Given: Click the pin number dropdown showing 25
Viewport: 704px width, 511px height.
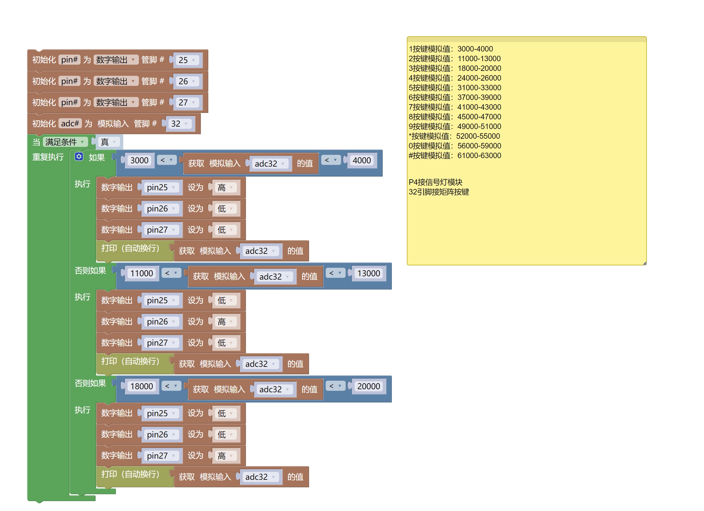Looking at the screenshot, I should tap(187, 60).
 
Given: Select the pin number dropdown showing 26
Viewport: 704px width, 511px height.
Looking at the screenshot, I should tap(187, 81).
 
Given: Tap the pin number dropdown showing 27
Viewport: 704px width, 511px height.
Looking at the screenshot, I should tap(187, 102).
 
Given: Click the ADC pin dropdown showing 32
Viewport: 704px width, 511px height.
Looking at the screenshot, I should tap(180, 124).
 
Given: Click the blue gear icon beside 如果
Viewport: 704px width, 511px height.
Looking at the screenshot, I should tap(79, 157).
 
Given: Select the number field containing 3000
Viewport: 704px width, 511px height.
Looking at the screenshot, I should tap(139, 160).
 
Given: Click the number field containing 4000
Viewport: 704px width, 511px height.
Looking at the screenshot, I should tap(362, 160).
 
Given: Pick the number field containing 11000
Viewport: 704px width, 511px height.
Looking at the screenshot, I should tap(142, 273).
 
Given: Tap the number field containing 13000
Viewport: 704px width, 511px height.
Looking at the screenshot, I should tap(369, 273).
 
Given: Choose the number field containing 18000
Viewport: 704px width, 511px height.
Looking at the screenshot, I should tap(142, 386).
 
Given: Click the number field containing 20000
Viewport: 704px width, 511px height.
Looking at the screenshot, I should tap(369, 386).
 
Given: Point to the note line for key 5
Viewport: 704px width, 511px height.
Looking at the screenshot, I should tap(455, 88).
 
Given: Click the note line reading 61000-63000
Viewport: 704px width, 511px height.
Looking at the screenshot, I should tap(455, 156).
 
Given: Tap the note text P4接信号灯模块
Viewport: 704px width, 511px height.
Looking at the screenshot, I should tap(436, 182).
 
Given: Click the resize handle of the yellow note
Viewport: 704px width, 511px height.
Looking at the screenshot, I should tap(645, 263).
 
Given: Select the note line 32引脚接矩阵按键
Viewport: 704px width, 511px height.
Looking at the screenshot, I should tap(439, 192).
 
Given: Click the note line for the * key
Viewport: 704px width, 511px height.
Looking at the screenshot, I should tap(454, 136).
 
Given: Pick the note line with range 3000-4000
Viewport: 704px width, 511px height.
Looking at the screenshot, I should tap(451, 49).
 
